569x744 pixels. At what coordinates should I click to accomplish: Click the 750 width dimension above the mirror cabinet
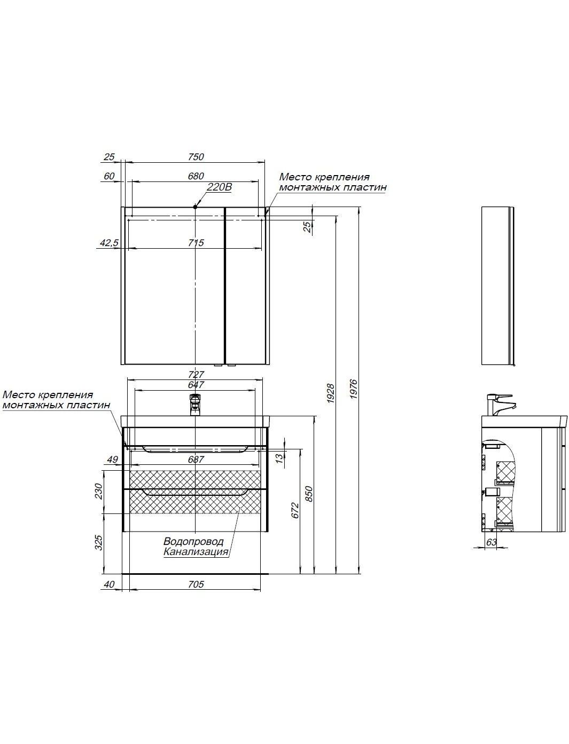(x=196, y=156)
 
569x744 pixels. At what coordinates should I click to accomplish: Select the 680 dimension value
(x=196, y=176)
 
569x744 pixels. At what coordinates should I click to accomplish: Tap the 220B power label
(x=219, y=187)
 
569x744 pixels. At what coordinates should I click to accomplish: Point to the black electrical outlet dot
(x=195, y=207)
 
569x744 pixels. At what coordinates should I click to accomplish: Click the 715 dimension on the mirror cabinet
(x=196, y=243)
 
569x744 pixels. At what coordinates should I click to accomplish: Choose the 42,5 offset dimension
(x=109, y=243)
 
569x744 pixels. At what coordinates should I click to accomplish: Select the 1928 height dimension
(x=331, y=393)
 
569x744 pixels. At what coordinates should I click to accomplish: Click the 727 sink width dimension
(x=196, y=374)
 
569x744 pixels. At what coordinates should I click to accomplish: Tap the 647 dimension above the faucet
(x=196, y=384)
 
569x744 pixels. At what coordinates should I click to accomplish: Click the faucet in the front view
(x=195, y=405)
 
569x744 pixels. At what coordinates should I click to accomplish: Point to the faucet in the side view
(x=499, y=405)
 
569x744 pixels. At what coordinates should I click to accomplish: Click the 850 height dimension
(x=308, y=494)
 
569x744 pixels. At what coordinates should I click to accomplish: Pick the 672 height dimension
(x=295, y=510)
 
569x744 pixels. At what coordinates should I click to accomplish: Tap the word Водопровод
(x=193, y=541)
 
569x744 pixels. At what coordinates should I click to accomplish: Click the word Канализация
(x=196, y=552)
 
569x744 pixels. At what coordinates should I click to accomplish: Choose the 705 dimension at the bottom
(x=196, y=584)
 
